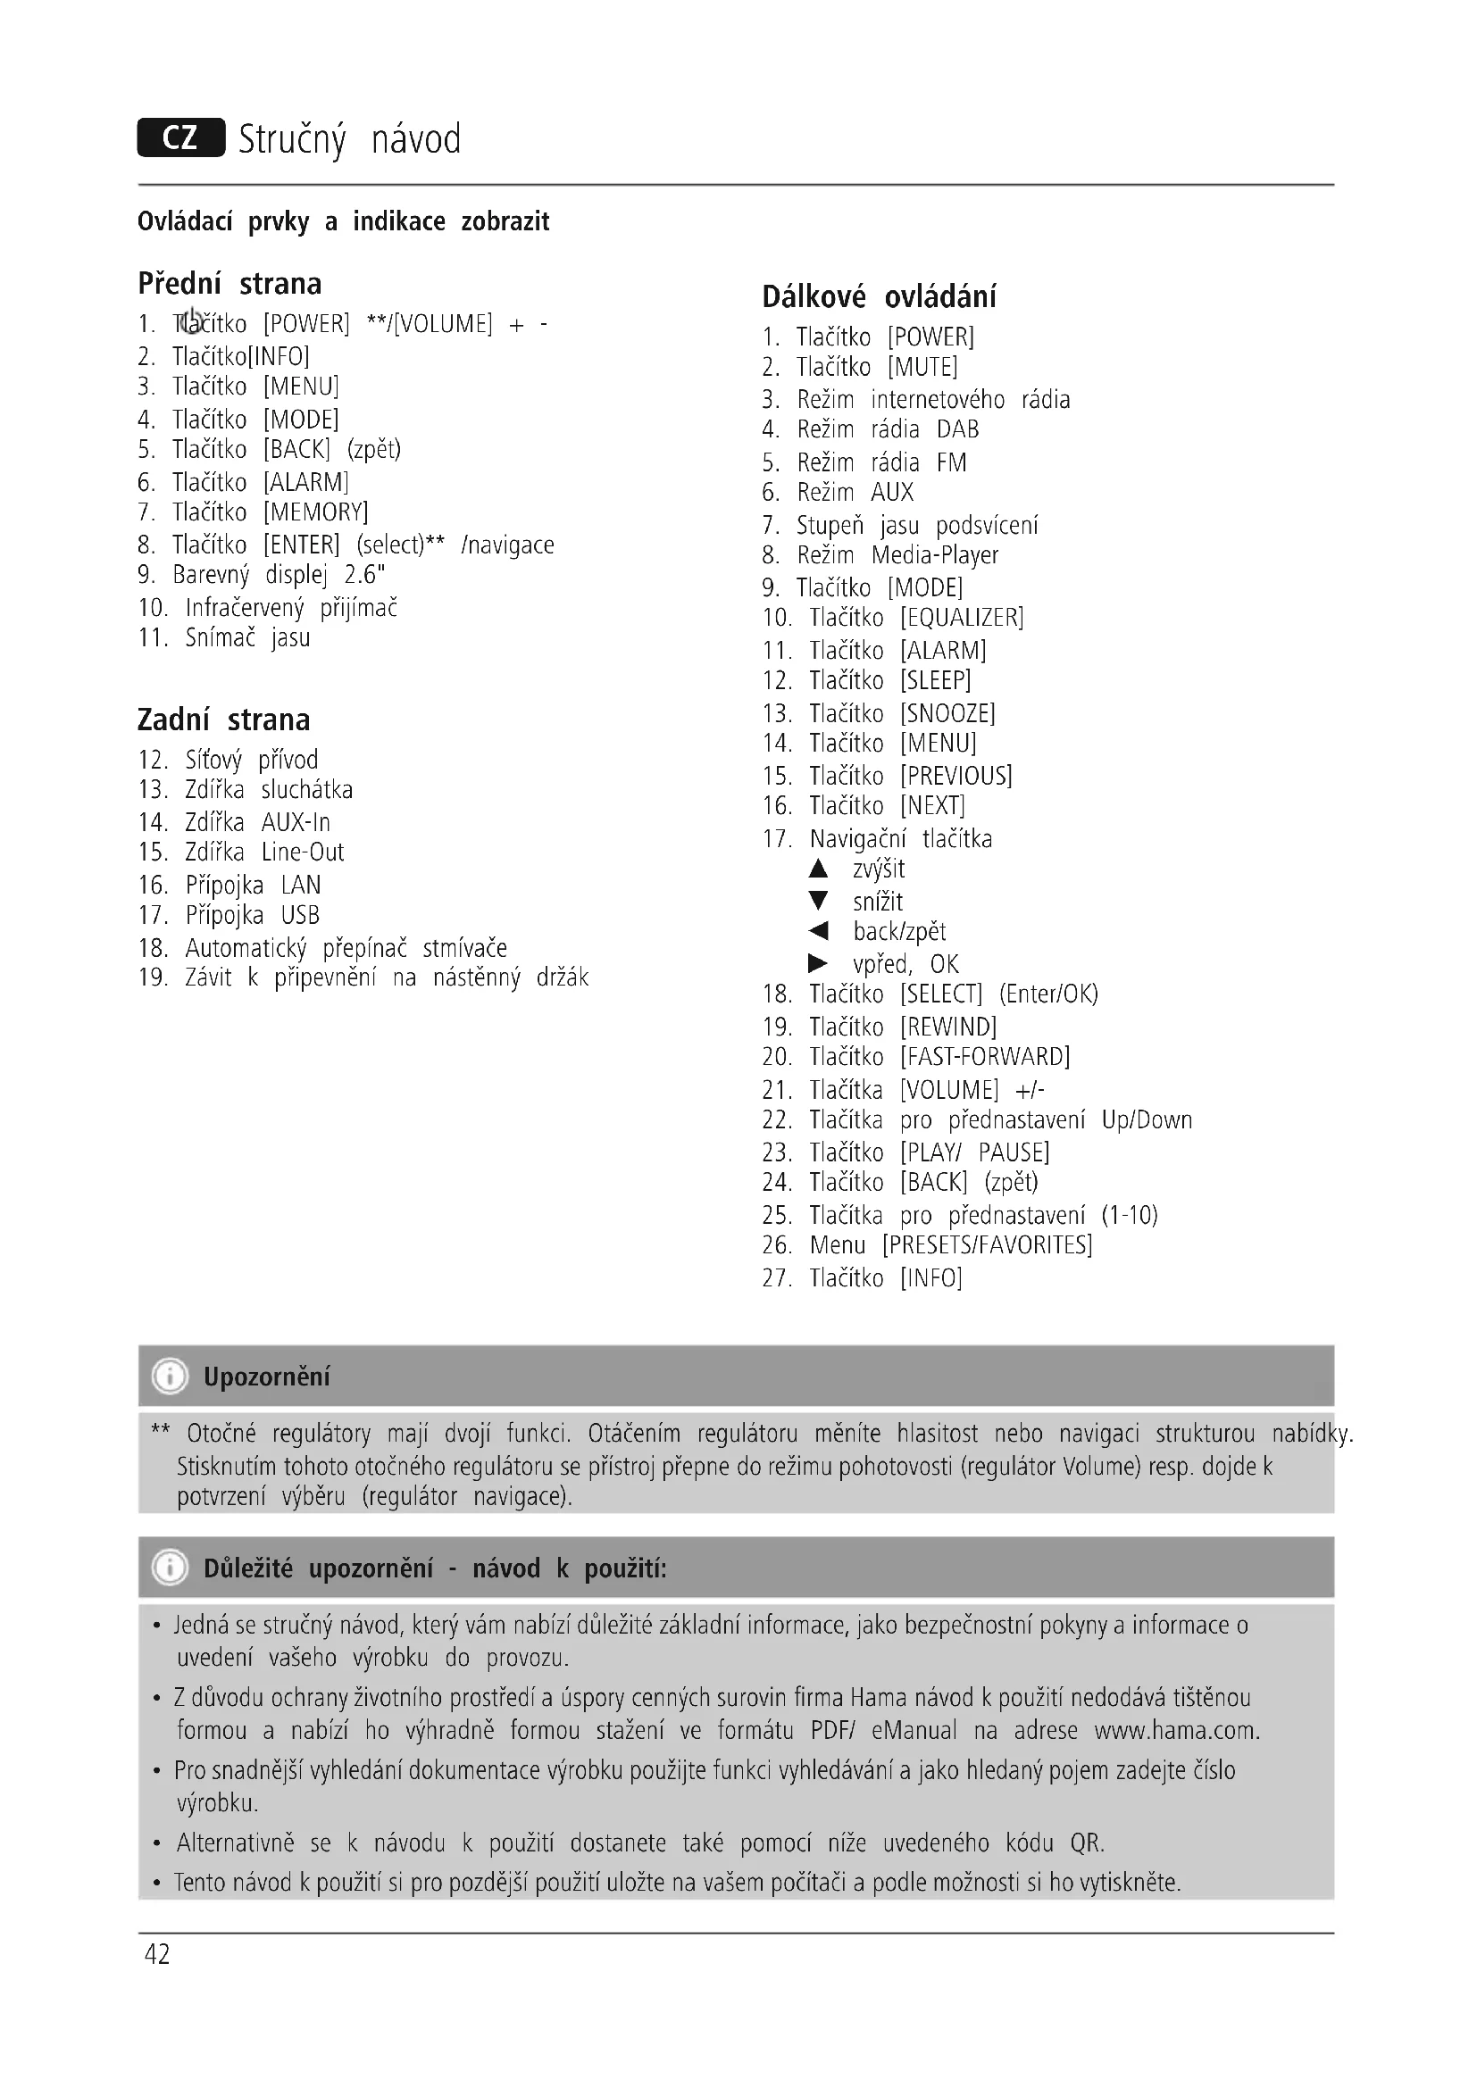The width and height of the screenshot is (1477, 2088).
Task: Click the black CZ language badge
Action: pyautogui.click(x=181, y=138)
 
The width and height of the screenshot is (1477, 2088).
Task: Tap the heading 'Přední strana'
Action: pyautogui.click(x=229, y=284)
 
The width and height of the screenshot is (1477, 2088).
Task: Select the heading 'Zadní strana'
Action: pyautogui.click(x=224, y=720)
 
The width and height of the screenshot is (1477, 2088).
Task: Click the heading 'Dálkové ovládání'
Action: pyautogui.click(x=879, y=296)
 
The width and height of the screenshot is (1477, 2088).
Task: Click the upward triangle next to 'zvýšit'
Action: pyautogui.click(x=819, y=869)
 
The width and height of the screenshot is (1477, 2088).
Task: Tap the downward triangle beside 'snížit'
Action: pyautogui.click(x=819, y=902)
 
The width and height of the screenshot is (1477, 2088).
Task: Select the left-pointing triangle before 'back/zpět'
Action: pyautogui.click(x=819, y=931)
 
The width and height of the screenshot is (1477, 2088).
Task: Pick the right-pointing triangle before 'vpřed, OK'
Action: pyautogui.click(x=819, y=963)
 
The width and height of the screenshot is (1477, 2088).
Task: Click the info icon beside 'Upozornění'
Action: pyautogui.click(x=170, y=1376)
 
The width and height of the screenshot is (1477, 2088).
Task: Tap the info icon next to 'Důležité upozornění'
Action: pyautogui.click(x=170, y=1568)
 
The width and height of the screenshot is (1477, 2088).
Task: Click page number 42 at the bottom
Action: pyautogui.click(x=157, y=1955)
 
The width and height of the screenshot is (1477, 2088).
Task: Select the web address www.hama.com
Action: pyautogui.click(x=1177, y=1730)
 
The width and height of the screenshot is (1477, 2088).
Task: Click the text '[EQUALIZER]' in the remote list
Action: pyautogui.click(x=962, y=619)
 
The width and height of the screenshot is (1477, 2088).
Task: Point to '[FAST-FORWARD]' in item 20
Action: pyautogui.click(x=985, y=1057)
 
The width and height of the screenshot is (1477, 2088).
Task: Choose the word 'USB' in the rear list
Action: pyautogui.click(x=300, y=916)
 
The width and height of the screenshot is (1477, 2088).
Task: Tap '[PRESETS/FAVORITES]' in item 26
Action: pyautogui.click(x=987, y=1245)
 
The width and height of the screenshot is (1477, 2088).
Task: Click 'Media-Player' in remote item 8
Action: pyautogui.click(x=934, y=555)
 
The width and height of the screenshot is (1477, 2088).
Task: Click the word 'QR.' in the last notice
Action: pyautogui.click(x=1087, y=1843)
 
